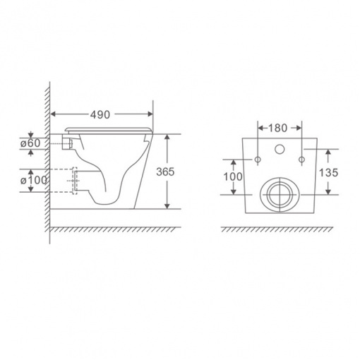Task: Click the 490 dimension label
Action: pos(100,114)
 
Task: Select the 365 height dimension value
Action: pos(165,172)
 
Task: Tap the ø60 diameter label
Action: pos(30,143)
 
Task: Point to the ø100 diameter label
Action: pos(34,181)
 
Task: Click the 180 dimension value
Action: pos(277,128)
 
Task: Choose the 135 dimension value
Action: pos(328,172)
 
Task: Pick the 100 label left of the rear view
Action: pos(233,176)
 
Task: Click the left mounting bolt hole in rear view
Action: pos(258,160)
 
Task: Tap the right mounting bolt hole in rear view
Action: pos(301,160)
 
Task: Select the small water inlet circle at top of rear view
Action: pos(280,149)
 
